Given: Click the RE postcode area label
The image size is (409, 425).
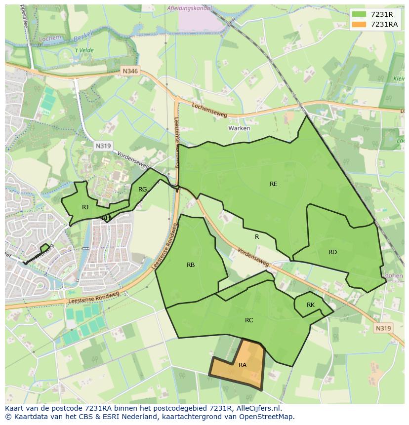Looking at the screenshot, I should [x=273, y=184].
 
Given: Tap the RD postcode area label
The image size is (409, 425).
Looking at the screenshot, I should [x=332, y=252].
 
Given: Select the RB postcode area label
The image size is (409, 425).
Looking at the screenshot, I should [x=191, y=265].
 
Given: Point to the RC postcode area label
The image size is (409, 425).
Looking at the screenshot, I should [x=249, y=320].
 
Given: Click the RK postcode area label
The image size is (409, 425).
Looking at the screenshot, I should [x=310, y=305].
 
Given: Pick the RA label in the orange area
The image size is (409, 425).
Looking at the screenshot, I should [x=243, y=365].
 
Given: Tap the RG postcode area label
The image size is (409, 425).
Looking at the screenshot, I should [x=142, y=190].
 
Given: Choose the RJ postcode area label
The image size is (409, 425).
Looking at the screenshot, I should [x=85, y=207].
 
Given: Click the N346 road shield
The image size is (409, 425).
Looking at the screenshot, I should [x=130, y=71].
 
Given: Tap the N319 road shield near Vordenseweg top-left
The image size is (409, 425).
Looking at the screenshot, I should [x=103, y=146].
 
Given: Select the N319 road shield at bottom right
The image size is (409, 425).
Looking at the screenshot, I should [x=383, y=328].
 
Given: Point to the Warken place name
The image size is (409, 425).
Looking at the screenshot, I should [x=239, y=128].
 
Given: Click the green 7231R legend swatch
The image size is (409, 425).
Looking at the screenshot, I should [x=359, y=14].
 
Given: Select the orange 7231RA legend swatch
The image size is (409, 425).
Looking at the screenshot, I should [x=359, y=24].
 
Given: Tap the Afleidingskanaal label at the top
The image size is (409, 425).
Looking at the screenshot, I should [x=190, y=8].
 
